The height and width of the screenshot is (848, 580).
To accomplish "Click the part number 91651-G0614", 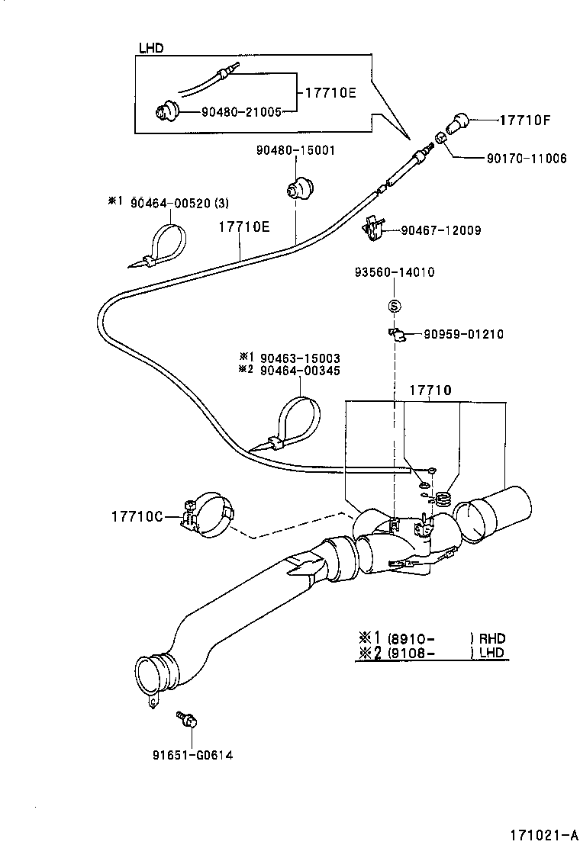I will [192, 755].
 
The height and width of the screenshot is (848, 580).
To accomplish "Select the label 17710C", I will [137, 517].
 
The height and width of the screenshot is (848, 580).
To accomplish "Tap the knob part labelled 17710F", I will [458, 120].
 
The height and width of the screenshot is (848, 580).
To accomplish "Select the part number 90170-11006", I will [527, 159].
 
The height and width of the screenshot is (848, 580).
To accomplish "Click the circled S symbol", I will [394, 306].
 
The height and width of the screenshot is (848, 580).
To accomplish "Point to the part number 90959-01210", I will [464, 334].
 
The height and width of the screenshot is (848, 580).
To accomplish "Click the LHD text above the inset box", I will [151, 48].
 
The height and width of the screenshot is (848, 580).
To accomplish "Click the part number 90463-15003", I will [300, 358].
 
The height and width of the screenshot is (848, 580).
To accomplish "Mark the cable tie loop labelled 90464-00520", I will [164, 244].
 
